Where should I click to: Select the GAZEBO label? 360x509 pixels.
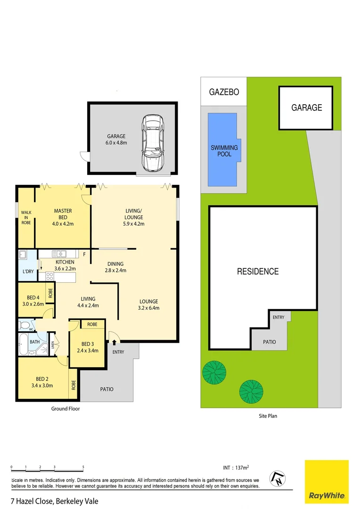[x=224, y=91]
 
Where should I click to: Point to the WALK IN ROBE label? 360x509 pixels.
[x=26, y=218]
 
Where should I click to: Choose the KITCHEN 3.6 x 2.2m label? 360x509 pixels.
[x=65, y=265]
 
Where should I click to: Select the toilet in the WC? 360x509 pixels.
[x=24, y=325]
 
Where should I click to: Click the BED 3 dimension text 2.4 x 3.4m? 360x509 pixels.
[x=88, y=350]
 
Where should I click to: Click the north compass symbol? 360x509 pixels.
[x=278, y=479]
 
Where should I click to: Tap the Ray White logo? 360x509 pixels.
[x=327, y=481]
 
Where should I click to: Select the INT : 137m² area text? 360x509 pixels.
[x=236, y=468]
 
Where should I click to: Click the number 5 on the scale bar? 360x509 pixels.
[x=83, y=467]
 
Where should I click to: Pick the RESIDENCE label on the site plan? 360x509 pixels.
[x=258, y=271]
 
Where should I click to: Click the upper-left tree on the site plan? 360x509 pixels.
[x=214, y=372]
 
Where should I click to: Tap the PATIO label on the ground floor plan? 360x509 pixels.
[x=106, y=389]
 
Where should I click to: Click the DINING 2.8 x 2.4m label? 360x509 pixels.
[x=115, y=267]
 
